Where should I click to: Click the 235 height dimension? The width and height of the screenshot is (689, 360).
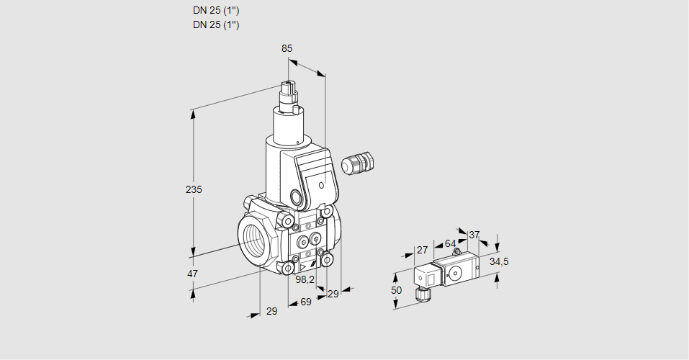click(x=194, y=189)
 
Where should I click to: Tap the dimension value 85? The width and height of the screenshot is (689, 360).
click(x=287, y=48)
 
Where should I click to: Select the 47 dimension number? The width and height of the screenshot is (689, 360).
click(x=192, y=274)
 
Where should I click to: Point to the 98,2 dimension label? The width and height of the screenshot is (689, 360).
click(x=306, y=280)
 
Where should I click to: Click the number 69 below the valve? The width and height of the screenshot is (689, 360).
click(x=305, y=302)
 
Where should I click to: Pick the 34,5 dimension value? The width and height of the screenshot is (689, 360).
click(x=499, y=261)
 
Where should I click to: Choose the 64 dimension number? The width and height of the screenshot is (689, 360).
click(x=450, y=243)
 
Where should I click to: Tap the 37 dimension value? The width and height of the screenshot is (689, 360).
click(x=474, y=235)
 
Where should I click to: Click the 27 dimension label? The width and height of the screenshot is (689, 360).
click(x=422, y=250)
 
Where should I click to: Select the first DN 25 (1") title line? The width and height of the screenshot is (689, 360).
click(x=216, y=11)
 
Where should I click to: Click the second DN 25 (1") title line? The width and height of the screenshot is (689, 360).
click(x=216, y=24)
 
